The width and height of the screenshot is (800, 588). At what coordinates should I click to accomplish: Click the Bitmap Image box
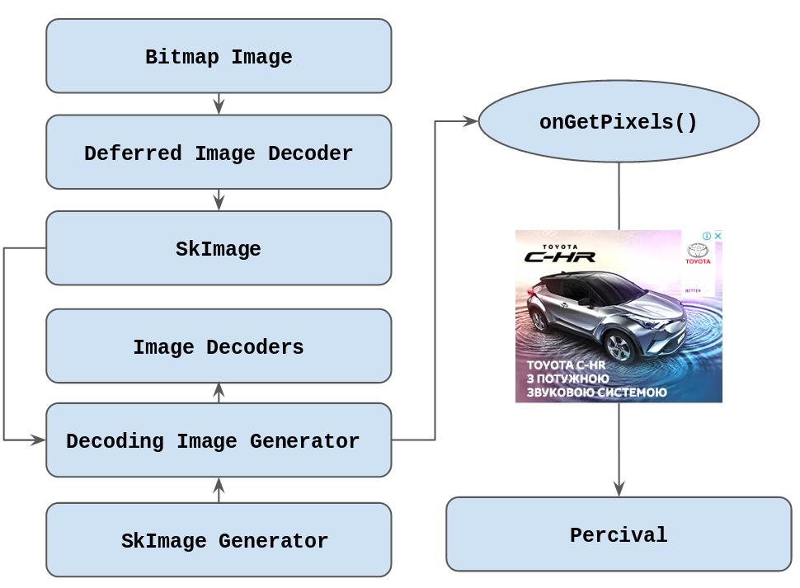tap(219, 56)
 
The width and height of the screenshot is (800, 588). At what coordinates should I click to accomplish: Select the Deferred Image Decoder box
tap(219, 153)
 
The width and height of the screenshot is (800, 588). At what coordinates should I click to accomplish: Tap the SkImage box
tap(219, 248)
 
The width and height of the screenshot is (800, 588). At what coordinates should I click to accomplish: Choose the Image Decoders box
tap(219, 346)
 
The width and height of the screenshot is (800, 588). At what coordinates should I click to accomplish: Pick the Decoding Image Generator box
tap(219, 440)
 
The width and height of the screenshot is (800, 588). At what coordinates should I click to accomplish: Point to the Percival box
tap(619, 534)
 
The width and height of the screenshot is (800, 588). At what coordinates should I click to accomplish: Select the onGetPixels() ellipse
tap(619, 121)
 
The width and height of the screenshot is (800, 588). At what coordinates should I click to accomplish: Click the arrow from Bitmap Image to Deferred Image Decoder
tap(219, 104)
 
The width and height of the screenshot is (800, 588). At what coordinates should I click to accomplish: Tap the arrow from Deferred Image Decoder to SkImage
tap(219, 200)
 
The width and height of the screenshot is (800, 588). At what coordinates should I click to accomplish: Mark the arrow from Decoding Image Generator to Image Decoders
tap(219, 393)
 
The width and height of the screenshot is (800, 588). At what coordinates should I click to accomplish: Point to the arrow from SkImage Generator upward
tap(219, 490)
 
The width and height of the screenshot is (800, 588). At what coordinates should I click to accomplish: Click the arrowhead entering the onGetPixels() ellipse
tap(470, 121)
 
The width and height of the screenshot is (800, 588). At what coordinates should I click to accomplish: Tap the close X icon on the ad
tap(718, 236)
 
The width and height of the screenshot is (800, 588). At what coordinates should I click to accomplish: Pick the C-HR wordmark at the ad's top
tap(559, 256)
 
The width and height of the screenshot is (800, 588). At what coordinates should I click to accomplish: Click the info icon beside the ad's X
tap(707, 236)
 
